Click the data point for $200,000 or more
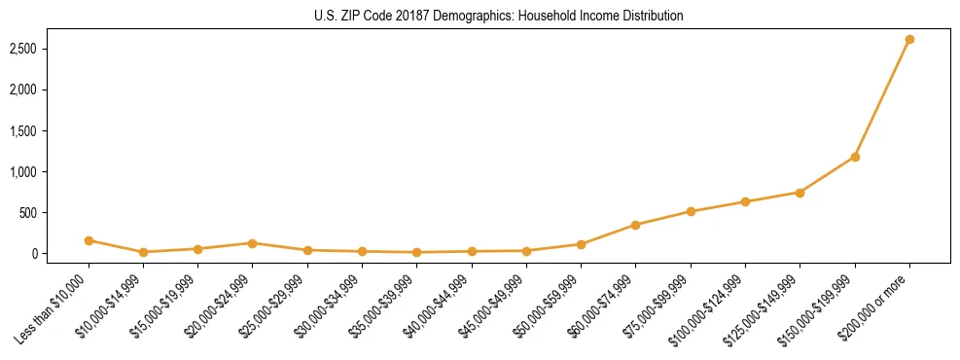point(909,40)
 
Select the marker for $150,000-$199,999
point(855,157)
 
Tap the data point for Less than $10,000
point(89,240)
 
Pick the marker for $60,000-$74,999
point(635,225)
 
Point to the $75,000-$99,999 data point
point(691,211)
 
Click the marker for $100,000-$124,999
point(745,202)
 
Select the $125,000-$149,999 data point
point(800,193)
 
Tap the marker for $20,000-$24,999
point(252,243)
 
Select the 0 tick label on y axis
point(59,254)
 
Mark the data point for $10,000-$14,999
point(143,252)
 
